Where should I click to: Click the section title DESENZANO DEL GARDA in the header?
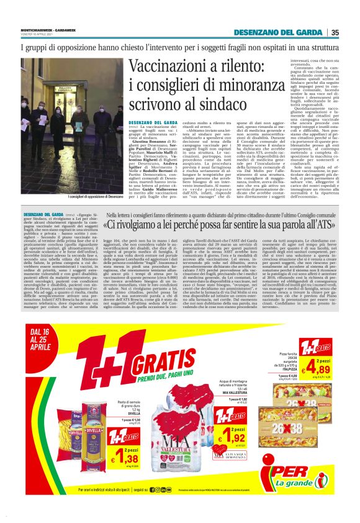click(279, 33)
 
